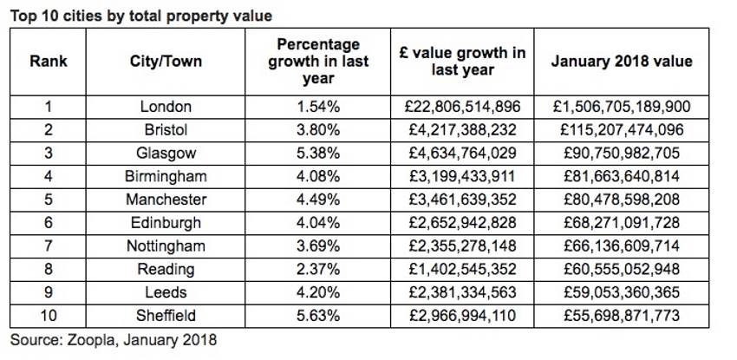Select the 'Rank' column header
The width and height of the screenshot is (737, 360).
pos(48,62)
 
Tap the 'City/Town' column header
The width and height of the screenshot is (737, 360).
pos(166,62)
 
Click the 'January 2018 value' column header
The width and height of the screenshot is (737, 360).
pos(622,62)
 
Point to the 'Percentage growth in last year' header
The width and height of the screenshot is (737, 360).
pos(318,62)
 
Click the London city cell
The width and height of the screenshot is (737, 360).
pos(166,107)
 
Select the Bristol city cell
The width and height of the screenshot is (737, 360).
pos(166,130)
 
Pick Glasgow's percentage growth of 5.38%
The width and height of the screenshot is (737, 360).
pos(318,154)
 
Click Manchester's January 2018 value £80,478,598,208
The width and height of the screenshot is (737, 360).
pos(622,200)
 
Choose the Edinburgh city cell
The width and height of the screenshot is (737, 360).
pos(166,223)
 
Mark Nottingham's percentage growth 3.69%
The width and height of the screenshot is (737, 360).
pos(318,246)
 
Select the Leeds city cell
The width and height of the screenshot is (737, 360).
pos(166,292)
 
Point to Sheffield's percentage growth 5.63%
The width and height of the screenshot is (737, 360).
pos(318,316)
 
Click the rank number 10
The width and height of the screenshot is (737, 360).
pos(48,316)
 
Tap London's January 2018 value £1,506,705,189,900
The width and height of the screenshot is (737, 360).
pos(622,107)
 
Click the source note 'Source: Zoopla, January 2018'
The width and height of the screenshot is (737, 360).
pos(113,340)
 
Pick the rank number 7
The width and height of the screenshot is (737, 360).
pos(48,246)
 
